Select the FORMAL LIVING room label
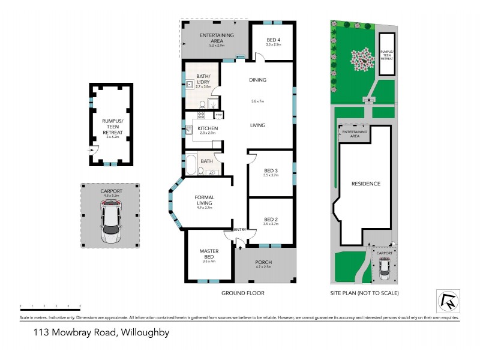(x=204, y=200)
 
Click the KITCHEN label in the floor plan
(x=206, y=128)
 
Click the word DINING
(x=257, y=80)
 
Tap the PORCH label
(x=264, y=262)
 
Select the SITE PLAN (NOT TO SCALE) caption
(x=364, y=293)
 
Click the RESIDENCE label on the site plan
(x=365, y=184)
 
